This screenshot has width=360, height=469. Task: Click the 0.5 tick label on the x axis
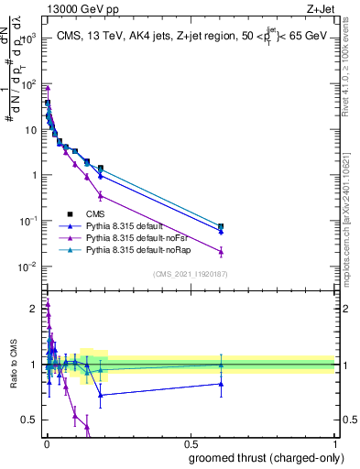point(191,443)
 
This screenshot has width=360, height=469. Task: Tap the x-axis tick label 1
point(334,443)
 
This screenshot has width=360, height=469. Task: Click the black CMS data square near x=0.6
point(221,226)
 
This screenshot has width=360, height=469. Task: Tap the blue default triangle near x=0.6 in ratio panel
point(221,384)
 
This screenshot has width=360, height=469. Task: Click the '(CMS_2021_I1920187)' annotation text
point(190,273)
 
